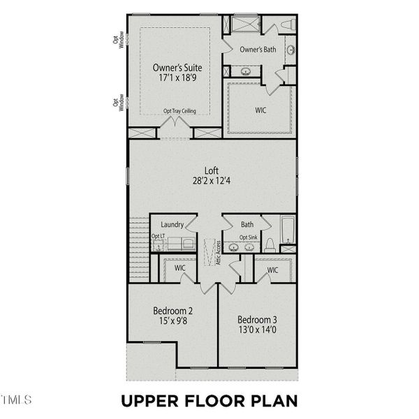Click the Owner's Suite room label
click(x=177, y=68)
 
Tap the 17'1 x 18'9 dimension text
click(x=177, y=80)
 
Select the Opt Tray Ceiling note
click(x=179, y=111)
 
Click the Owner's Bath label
click(x=258, y=50)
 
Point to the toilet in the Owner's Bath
click(x=288, y=25)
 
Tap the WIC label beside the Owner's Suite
click(x=261, y=110)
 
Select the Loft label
click(x=212, y=170)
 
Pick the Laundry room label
click(x=172, y=225)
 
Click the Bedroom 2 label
click(x=172, y=311)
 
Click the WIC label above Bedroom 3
click(x=272, y=270)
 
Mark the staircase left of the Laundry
click(x=138, y=248)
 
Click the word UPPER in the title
click(x=152, y=401)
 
